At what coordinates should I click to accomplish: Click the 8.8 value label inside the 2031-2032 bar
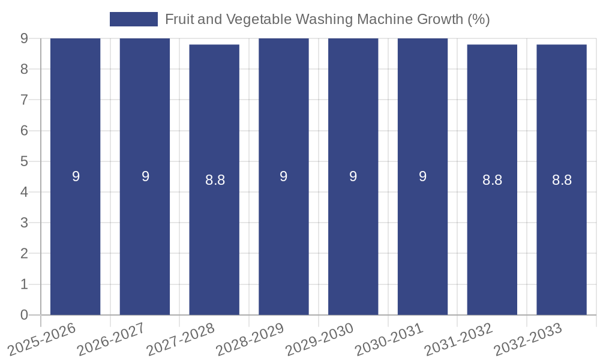[x=492, y=180]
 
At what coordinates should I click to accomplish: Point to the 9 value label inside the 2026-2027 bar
[x=145, y=176]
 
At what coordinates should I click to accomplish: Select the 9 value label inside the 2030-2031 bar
[x=422, y=176]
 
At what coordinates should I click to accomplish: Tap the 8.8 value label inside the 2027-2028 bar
[x=215, y=180]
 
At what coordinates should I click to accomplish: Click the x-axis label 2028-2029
[x=250, y=339]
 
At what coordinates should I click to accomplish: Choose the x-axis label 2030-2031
[x=389, y=339]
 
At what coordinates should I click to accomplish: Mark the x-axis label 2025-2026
[x=42, y=339]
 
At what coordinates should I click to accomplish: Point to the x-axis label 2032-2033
[x=528, y=339]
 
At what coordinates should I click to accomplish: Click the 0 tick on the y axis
[x=24, y=315]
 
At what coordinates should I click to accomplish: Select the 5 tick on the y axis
[x=24, y=161]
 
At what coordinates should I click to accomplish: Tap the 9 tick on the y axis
[x=24, y=38]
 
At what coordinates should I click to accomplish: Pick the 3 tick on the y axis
[x=24, y=223]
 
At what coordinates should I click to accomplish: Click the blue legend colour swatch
[x=133, y=19]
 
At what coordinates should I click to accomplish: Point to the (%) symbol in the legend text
[x=479, y=19]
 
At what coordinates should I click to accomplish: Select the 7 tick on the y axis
[x=24, y=100]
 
